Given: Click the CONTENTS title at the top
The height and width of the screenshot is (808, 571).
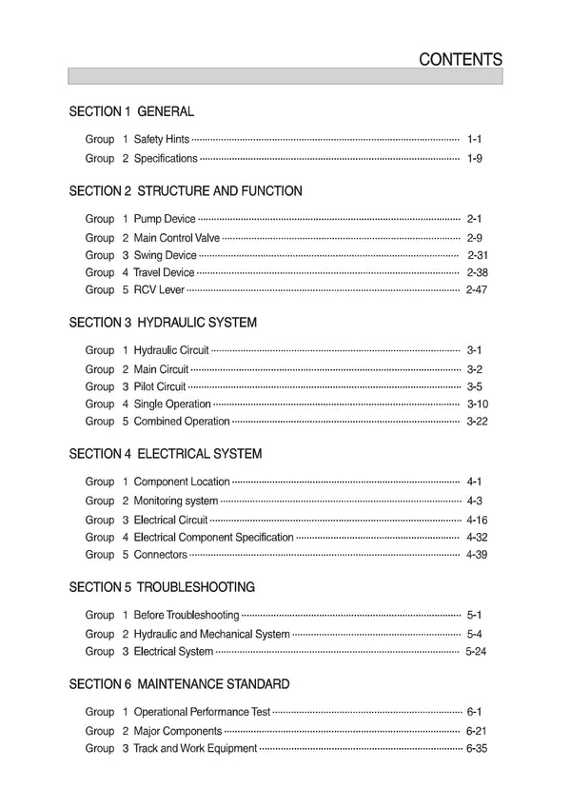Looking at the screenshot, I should [461, 59].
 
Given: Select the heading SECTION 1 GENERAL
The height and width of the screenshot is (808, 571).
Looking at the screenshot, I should [131, 111].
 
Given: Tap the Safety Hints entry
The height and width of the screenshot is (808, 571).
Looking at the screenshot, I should [162, 140].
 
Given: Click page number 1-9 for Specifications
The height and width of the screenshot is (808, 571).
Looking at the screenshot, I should [475, 158].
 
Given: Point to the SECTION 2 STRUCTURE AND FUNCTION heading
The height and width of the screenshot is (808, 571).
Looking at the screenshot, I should [186, 191].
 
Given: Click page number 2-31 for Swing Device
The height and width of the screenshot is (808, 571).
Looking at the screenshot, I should [478, 255].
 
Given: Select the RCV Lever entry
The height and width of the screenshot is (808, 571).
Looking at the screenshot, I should [159, 290].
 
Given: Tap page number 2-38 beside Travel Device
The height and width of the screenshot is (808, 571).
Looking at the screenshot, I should [477, 273].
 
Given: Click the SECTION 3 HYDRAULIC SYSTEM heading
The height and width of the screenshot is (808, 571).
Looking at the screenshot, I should [163, 323].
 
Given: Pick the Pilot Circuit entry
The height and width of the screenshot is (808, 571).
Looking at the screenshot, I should [160, 386].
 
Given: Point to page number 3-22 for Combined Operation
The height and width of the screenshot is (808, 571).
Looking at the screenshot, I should [477, 422].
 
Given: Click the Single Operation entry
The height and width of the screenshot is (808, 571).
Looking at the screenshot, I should [172, 404].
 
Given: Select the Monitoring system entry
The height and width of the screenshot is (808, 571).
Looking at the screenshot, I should [176, 501].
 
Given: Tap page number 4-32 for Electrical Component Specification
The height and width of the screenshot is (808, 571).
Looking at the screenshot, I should [477, 537].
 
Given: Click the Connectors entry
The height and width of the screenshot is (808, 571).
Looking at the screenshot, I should [161, 555].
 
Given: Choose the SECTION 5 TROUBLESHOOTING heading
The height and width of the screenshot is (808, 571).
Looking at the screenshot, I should [162, 587].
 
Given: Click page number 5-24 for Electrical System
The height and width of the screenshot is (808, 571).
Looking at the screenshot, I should [477, 652].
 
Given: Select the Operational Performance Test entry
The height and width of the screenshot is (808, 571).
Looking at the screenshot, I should [202, 712].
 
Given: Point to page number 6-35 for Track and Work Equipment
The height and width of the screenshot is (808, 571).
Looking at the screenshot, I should [477, 749].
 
